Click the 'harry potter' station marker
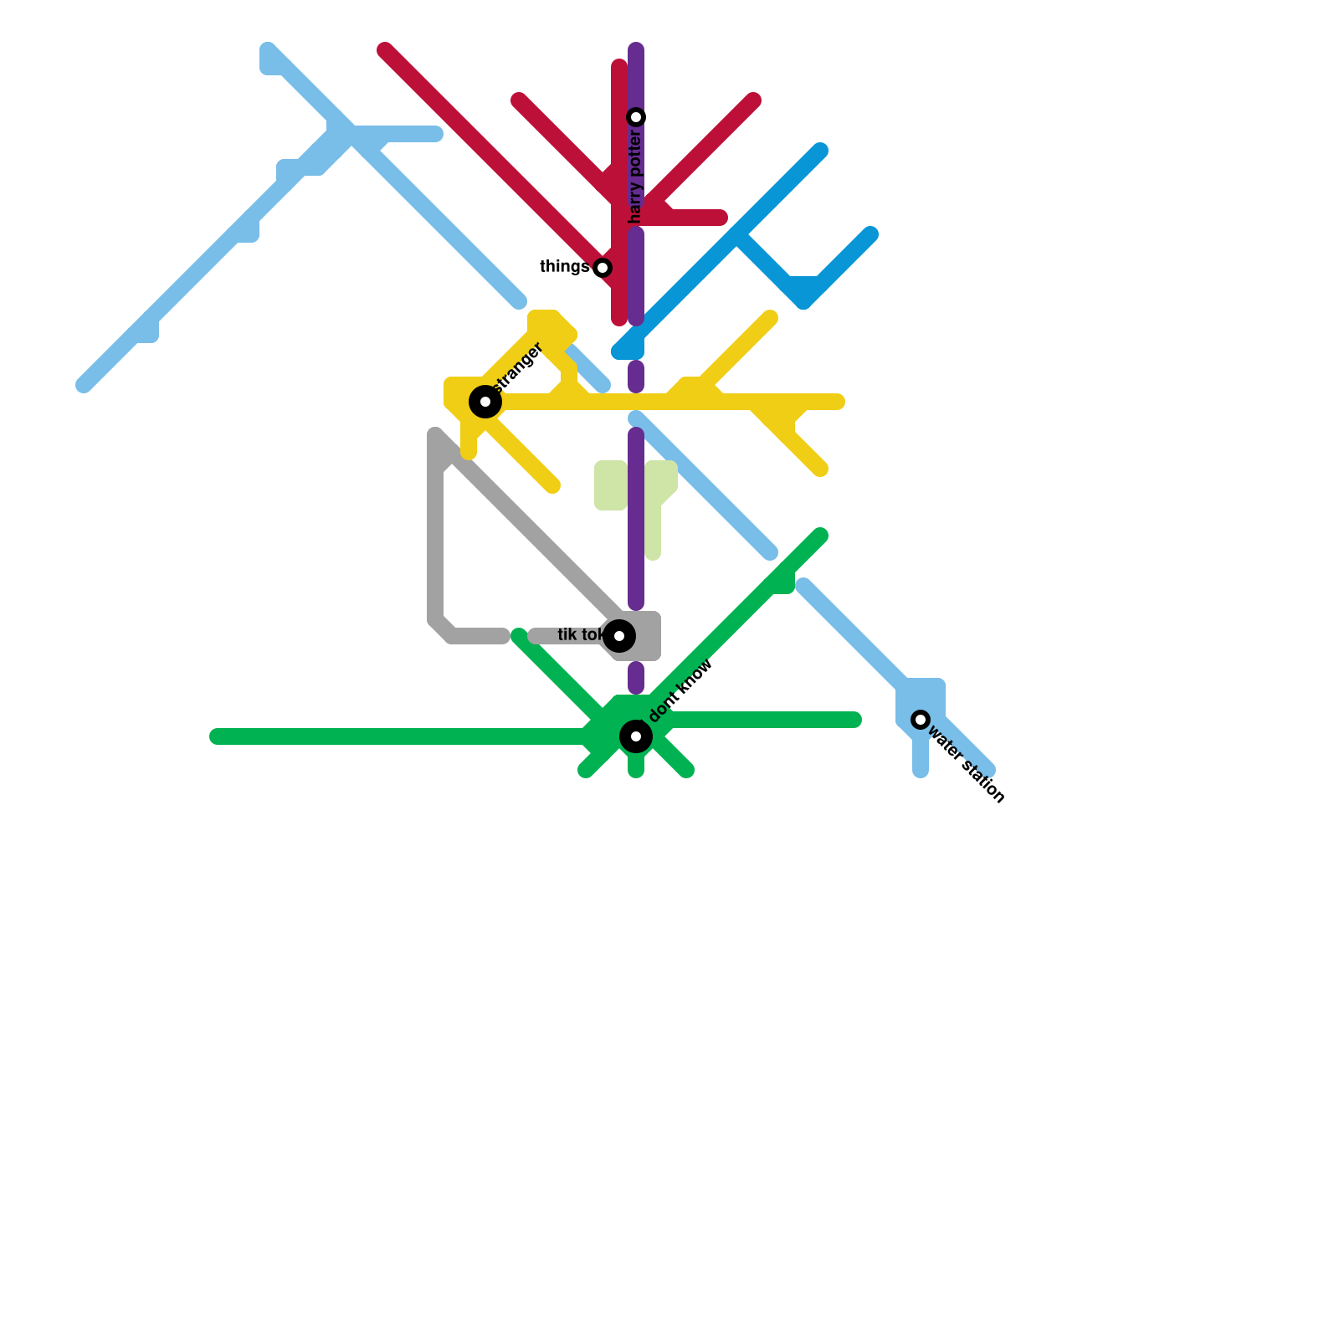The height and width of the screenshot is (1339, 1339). click(x=636, y=117)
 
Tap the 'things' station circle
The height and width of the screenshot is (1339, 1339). click(x=603, y=268)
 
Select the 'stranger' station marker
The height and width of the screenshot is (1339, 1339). click(x=485, y=402)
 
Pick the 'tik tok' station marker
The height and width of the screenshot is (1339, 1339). click(x=619, y=636)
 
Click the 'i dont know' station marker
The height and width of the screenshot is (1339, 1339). click(x=636, y=736)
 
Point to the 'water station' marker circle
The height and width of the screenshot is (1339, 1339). click(x=921, y=720)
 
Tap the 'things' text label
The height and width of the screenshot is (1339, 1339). click(x=564, y=267)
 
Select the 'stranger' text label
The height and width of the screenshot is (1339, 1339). click(x=519, y=368)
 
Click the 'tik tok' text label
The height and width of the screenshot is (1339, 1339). click(x=579, y=635)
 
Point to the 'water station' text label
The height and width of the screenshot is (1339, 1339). click(x=967, y=766)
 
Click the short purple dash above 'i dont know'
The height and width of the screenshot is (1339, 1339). click(x=636, y=678)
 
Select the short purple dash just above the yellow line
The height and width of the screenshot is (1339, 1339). click(x=636, y=377)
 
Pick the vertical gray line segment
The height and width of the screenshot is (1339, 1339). click(x=435, y=544)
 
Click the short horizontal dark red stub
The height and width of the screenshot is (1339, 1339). click(x=695, y=218)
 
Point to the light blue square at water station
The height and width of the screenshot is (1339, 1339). click(x=921, y=699)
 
